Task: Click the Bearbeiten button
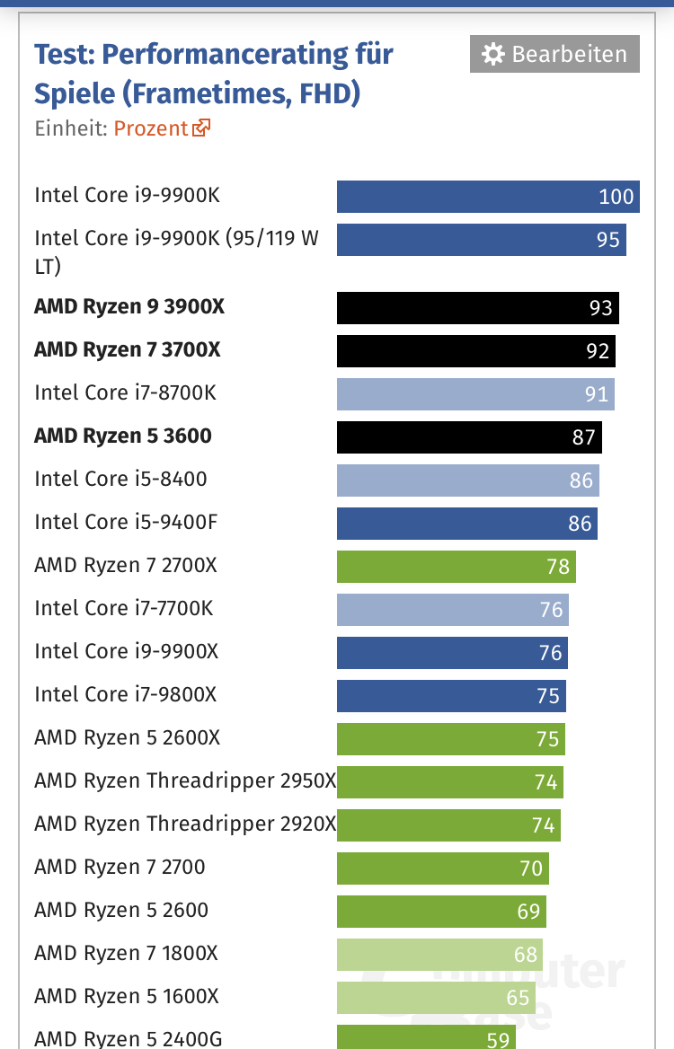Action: (x=554, y=54)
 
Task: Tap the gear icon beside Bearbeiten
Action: (x=492, y=55)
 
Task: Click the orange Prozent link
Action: (x=151, y=128)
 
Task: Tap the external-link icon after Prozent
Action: (x=200, y=128)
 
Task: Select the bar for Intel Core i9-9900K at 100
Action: (x=487, y=197)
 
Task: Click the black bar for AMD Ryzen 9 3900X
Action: (x=477, y=308)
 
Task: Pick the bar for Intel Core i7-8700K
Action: (x=475, y=394)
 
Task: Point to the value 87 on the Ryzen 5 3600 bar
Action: (x=583, y=437)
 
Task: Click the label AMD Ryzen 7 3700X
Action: (x=127, y=349)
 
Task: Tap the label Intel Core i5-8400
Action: (x=120, y=479)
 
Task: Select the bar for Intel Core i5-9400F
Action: (x=466, y=524)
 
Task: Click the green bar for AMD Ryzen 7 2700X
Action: (x=456, y=567)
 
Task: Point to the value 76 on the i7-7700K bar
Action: (x=551, y=610)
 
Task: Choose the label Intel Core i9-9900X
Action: (x=126, y=651)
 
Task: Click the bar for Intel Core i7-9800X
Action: (x=451, y=696)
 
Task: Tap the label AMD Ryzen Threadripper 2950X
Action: (x=184, y=780)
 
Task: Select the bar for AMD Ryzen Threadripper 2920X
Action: (x=448, y=825)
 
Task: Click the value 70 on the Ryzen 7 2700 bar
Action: (x=531, y=868)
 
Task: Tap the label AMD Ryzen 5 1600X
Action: (x=126, y=996)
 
